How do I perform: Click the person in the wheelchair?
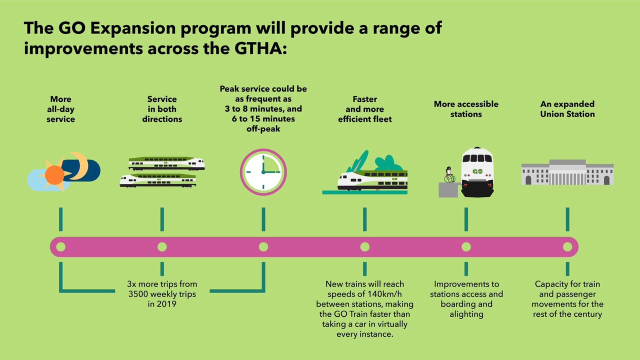coord(449,175)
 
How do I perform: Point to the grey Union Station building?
coord(567,172)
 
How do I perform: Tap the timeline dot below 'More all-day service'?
coord(61,246)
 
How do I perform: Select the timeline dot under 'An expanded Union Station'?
coord(567,246)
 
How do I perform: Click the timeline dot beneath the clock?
coord(263,246)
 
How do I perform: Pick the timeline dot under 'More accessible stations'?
coord(466,246)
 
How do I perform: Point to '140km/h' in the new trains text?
coord(383,294)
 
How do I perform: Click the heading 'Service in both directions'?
coord(162,109)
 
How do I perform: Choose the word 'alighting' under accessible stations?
coord(466,314)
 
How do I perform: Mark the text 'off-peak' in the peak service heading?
coord(263,128)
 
